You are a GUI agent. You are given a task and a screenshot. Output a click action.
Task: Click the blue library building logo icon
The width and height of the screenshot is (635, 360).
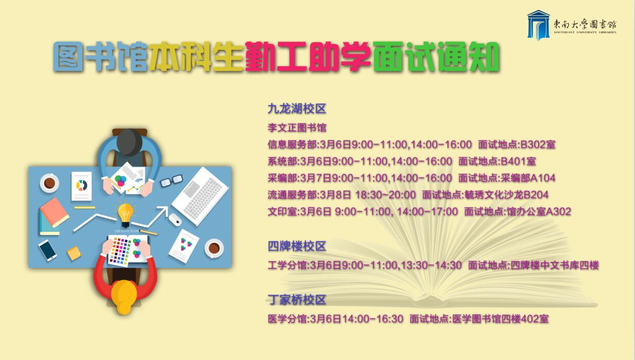click(538, 25)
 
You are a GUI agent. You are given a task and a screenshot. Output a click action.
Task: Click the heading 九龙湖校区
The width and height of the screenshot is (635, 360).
click(297, 109)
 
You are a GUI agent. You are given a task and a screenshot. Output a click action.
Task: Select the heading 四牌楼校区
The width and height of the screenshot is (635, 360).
click(297, 246)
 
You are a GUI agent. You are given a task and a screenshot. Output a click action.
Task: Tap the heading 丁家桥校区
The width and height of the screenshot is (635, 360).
click(297, 300)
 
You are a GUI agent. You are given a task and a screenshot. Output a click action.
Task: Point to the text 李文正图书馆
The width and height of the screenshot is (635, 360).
click(297, 128)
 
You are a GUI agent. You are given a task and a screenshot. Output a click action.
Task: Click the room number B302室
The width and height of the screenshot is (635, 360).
click(538, 145)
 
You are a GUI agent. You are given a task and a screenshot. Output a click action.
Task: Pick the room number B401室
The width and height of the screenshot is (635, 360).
click(518, 161)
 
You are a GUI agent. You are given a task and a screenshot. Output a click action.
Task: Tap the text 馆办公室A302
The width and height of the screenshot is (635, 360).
click(539, 212)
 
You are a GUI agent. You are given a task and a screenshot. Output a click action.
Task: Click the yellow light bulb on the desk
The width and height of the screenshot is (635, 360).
click(125, 213)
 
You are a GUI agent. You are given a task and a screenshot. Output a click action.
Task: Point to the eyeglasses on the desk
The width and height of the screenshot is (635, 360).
click(171, 181)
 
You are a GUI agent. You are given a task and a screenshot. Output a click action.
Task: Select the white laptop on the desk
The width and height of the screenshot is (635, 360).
click(200, 196)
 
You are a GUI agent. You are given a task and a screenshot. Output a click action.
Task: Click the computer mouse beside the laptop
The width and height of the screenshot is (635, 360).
click(175, 220)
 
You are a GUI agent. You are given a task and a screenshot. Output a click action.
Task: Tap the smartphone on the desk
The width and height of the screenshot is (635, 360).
click(47, 250)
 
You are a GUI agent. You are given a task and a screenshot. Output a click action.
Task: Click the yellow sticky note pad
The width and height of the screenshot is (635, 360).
click(74, 253)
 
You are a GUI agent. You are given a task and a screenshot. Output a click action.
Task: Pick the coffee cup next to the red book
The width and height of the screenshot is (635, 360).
click(49, 183)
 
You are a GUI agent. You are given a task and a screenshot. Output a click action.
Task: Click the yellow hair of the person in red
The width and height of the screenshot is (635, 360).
click(124, 296)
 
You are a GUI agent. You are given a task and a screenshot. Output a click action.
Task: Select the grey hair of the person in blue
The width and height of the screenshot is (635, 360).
click(130, 142)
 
